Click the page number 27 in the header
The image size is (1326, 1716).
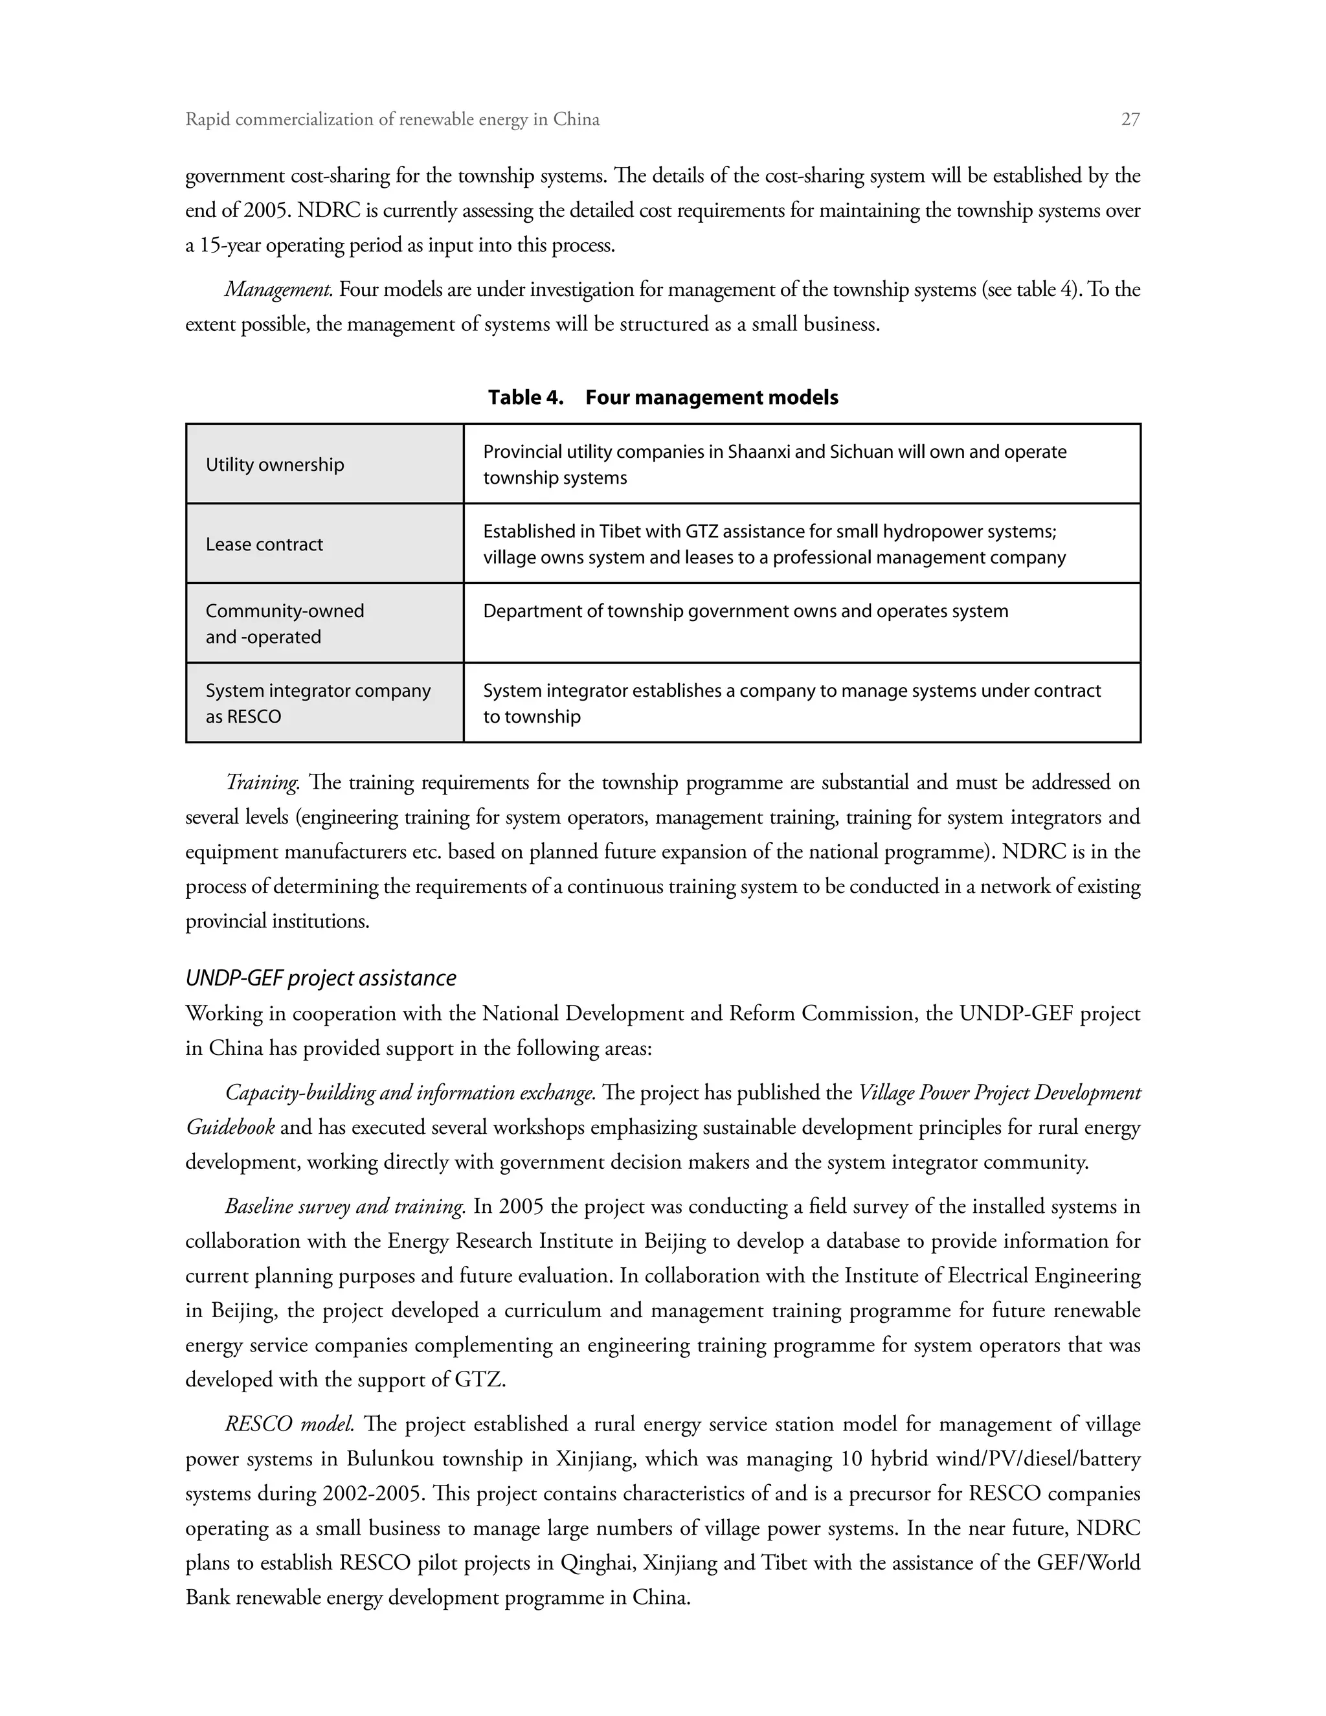point(1130,119)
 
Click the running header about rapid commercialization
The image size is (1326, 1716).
point(392,119)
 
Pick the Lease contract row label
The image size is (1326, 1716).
point(264,545)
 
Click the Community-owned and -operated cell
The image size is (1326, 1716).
point(284,624)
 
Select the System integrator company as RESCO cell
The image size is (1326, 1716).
point(317,703)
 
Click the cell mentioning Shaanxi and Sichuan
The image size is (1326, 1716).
point(774,464)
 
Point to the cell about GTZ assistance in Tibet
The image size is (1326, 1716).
point(774,545)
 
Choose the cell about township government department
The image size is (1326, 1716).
point(745,611)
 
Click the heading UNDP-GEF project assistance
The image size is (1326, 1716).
point(320,978)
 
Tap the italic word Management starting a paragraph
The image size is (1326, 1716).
point(279,290)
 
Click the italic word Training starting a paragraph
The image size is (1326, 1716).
point(262,783)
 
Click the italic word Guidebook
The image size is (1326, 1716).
point(230,1127)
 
